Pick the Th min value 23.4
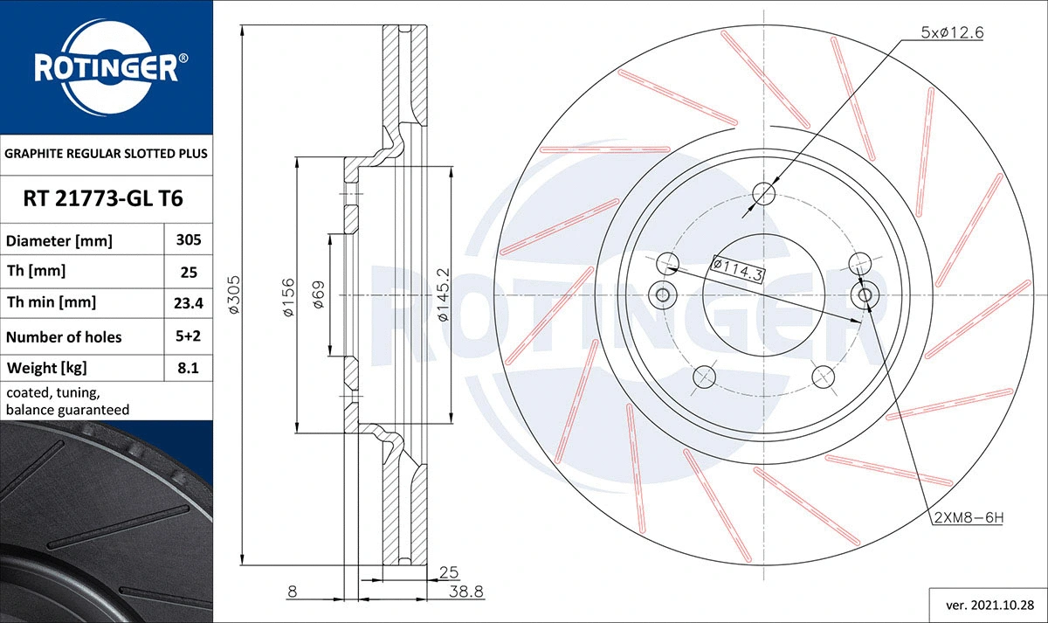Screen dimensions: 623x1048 (x=189, y=303)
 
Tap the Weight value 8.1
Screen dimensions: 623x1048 (x=189, y=369)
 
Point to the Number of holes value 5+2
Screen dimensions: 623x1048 (x=189, y=336)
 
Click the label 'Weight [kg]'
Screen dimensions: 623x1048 (x=47, y=368)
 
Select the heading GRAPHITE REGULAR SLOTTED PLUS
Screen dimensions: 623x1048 (x=107, y=153)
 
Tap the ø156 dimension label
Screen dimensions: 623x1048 (x=288, y=297)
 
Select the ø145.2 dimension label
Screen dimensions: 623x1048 (x=444, y=295)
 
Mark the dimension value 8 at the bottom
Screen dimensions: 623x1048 (x=292, y=592)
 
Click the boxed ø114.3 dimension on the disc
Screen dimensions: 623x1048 (x=739, y=269)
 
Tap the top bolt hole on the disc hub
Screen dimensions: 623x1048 (x=763, y=194)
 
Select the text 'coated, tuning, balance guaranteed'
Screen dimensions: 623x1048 (x=68, y=401)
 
